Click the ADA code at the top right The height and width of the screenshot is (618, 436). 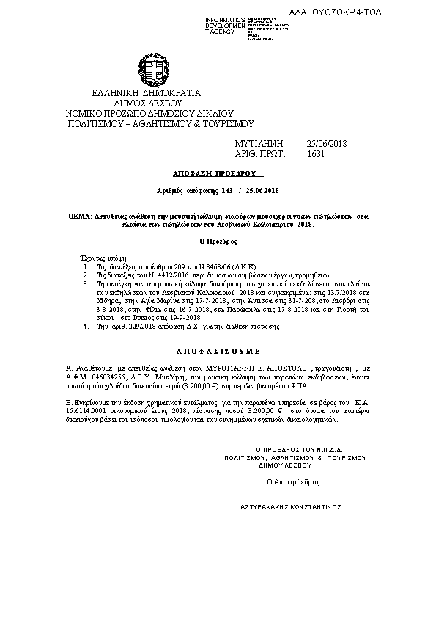coord(367,12)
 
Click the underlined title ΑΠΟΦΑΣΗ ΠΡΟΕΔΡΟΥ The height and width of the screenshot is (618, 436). coord(218,175)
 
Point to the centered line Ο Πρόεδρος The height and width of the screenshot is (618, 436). coord(217,241)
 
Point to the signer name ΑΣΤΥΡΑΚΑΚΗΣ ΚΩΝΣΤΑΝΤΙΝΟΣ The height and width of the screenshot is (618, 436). coord(290,507)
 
